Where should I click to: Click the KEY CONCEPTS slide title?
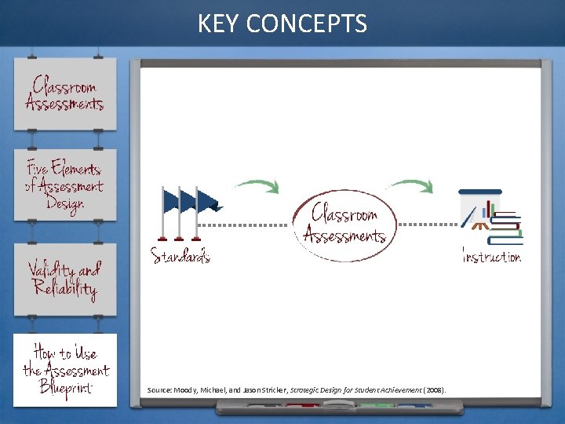(x=282, y=24)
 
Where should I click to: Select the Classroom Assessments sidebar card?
(x=64, y=93)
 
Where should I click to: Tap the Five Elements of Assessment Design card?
(x=64, y=186)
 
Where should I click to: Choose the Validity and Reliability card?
(x=64, y=280)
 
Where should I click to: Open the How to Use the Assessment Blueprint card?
(x=65, y=370)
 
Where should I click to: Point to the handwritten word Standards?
(x=180, y=256)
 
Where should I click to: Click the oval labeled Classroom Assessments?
(x=344, y=223)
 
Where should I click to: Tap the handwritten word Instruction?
(x=492, y=257)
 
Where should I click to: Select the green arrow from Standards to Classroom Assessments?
(x=256, y=186)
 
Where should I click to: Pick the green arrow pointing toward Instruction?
(x=410, y=185)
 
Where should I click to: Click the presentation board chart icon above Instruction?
(x=479, y=210)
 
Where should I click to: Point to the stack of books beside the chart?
(x=508, y=228)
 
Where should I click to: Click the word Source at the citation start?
(x=159, y=390)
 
